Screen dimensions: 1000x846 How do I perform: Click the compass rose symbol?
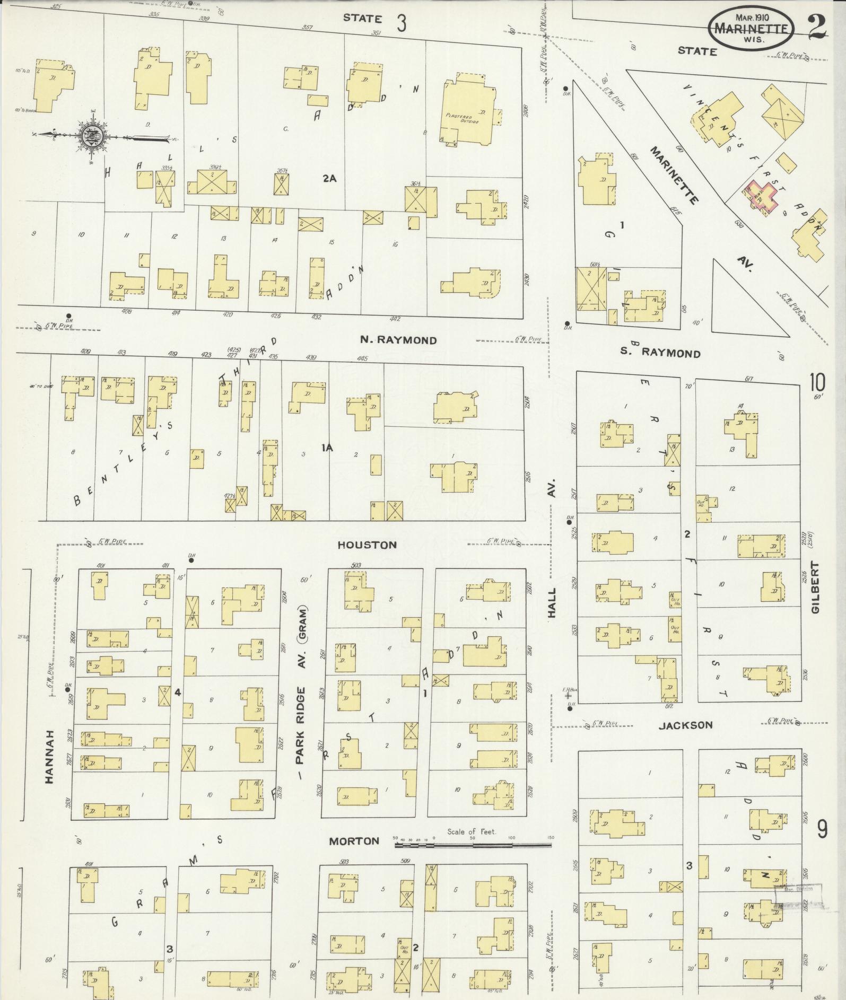91,136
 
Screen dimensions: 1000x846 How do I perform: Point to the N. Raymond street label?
398,340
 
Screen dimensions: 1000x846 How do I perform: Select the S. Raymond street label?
660,353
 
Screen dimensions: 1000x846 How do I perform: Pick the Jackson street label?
685,725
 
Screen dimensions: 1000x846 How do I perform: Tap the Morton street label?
354,840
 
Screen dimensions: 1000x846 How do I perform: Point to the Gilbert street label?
815,587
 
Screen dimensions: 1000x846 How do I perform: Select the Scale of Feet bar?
474,843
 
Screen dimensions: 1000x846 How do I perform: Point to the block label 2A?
330,178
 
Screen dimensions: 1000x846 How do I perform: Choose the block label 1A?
327,448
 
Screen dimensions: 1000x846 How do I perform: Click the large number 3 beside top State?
402,23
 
